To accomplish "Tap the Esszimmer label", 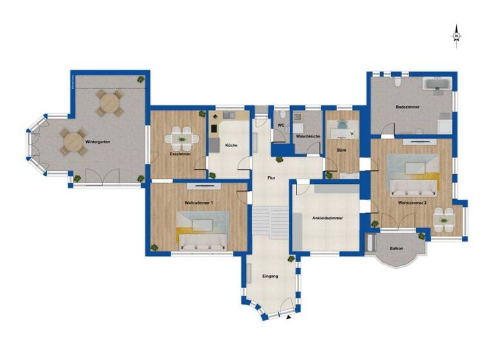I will pyautogui.click(x=181, y=154).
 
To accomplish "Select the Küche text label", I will pyautogui.click(x=232, y=145).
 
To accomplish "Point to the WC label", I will pyautogui.click(x=281, y=125).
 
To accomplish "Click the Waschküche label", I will pyautogui.click(x=307, y=136).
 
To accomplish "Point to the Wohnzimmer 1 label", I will pyautogui.click(x=199, y=203).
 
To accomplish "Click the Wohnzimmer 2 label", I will pyautogui.click(x=414, y=203).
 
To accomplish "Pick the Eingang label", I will pyautogui.click(x=270, y=276).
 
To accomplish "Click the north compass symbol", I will pyautogui.click(x=456, y=35).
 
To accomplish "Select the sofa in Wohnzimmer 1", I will pyautogui.click(x=201, y=241).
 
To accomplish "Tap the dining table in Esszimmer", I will pyautogui.click(x=181, y=138).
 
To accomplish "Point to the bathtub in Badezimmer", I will pyautogui.click(x=439, y=84).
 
